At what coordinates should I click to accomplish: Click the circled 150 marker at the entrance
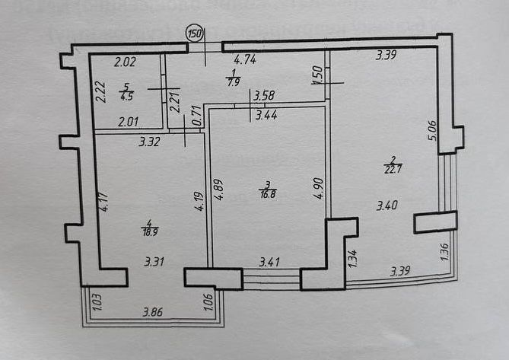(x=195, y=33)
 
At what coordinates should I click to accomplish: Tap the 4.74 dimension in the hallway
(x=244, y=59)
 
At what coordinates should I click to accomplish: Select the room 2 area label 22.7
(x=393, y=165)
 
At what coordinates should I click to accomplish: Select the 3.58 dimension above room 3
(x=263, y=95)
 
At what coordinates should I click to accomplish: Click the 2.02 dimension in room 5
(x=124, y=62)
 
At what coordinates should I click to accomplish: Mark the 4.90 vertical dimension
(x=319, y=188)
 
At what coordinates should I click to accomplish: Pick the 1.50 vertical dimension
(x=317, y=76)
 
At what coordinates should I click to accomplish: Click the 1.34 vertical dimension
(x=351, y=259)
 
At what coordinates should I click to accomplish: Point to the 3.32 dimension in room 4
(x=148, y=141)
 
